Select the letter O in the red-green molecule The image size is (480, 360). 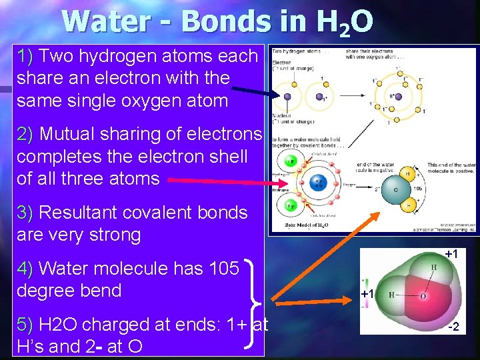(x=423, y=295)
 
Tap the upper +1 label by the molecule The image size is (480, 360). (x=451, y=254)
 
